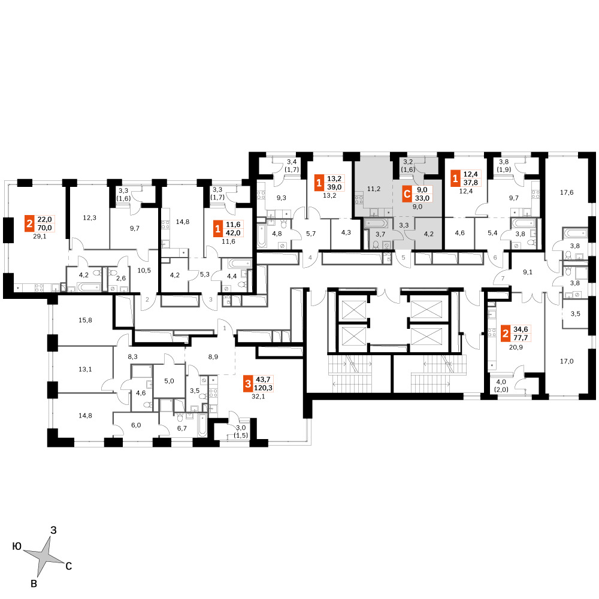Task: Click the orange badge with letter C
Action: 407,194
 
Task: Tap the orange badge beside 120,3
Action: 249,384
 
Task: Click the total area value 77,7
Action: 521,338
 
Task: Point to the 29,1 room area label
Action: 39,237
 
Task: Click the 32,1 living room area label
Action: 258,397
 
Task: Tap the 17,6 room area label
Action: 567,192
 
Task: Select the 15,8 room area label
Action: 85,320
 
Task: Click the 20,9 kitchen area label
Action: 516,347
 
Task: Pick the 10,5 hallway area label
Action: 144,271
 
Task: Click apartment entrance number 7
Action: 503,279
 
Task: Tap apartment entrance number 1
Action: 225,328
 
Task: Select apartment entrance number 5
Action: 403,258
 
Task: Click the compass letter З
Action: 53,530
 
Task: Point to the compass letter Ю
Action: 17,546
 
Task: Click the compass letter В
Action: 34,583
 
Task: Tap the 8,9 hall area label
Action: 213,357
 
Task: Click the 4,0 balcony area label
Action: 501,382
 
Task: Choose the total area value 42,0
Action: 233,233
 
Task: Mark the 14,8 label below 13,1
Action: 85,416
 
